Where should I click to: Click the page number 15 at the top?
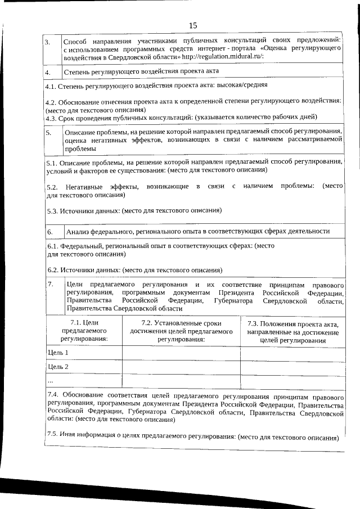click(x=193, y=25)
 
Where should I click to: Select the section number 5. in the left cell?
click(x=49, y=133)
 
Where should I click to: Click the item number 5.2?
click(x=52, y=186)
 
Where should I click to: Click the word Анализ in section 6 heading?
click(x=78, y=231)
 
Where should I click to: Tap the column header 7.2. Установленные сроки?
click(x=181, y=331)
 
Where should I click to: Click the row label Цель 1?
click(x=58, y=353)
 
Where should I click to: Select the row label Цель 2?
click(x=58, y=367)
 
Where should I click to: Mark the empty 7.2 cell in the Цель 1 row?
click(x=181, y=353)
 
